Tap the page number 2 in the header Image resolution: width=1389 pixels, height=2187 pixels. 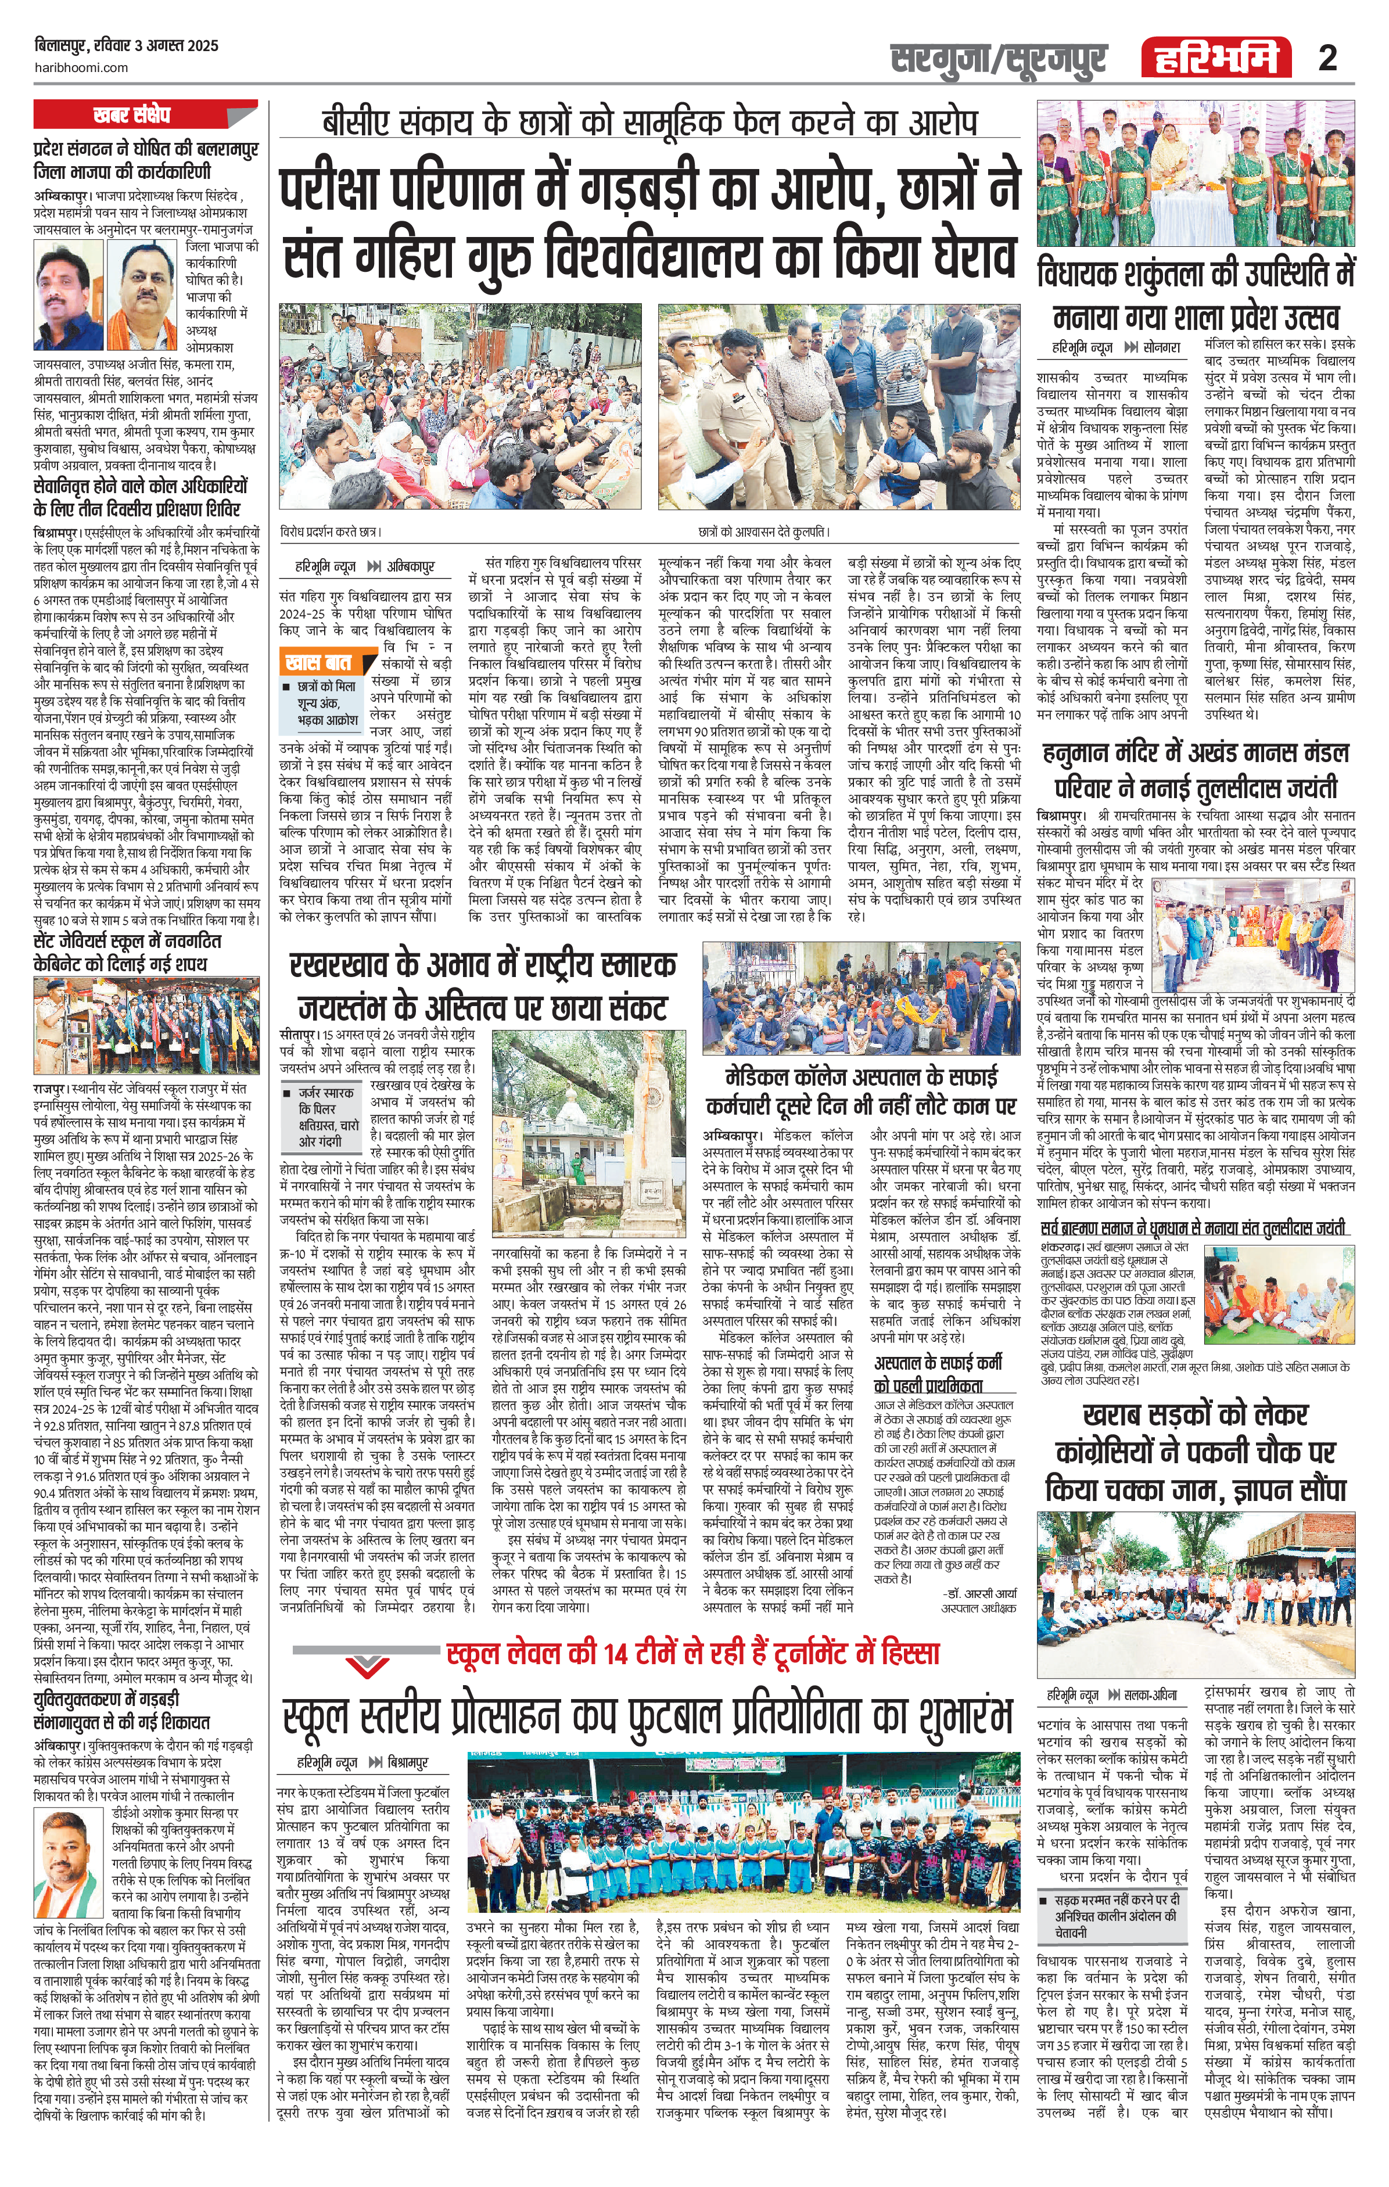point(1327,58)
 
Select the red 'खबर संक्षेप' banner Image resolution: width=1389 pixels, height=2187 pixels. point(145,116)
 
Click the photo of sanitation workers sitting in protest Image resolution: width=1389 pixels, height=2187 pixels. point(861,998)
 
